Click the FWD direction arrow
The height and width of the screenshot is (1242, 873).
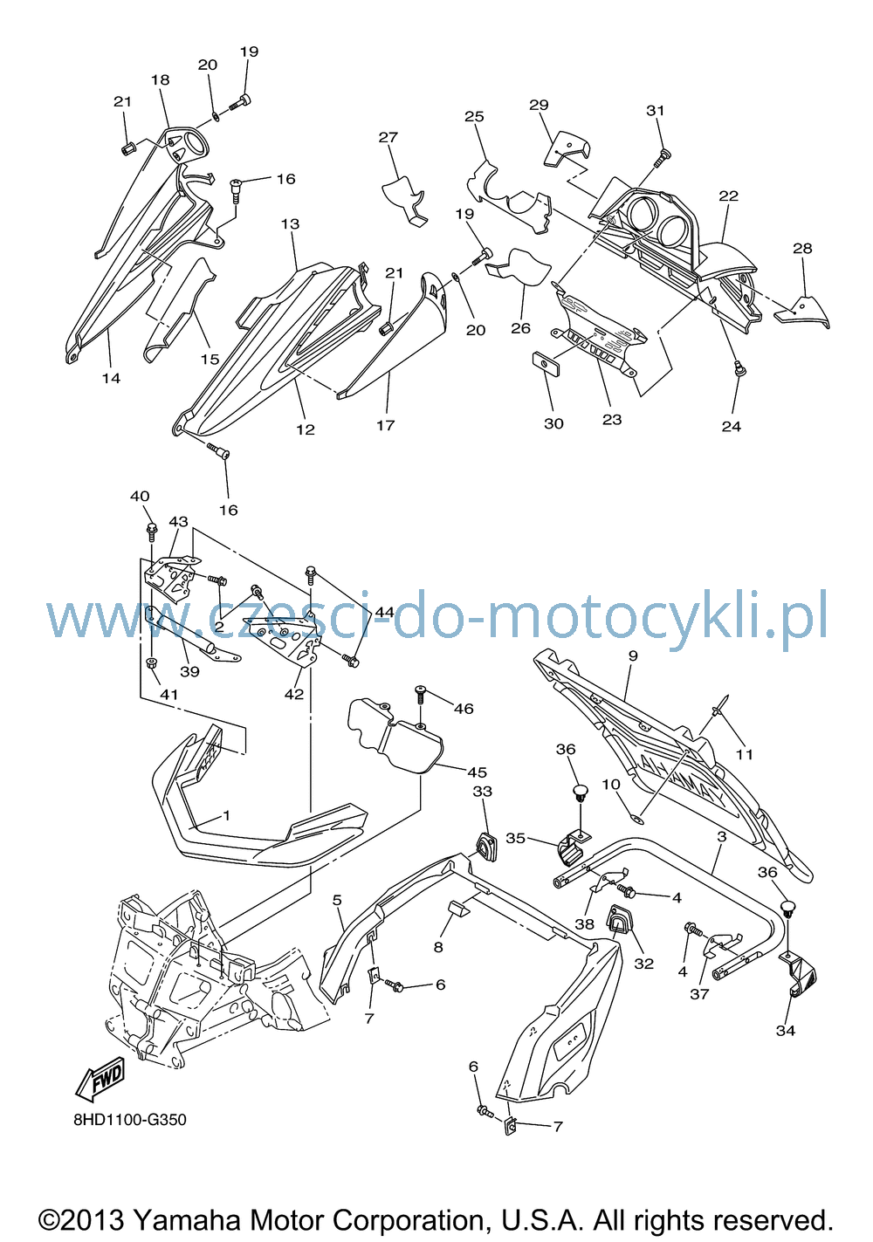coord(100,1079)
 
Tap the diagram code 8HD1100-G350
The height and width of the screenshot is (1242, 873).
coord(130,1120)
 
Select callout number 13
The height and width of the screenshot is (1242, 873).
coord(290,224)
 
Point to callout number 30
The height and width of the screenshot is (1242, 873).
coord(553,423)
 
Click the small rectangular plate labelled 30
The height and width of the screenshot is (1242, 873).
coord(546,363)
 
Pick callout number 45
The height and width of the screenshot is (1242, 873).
coord(477,772)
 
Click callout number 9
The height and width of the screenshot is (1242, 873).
coord(633,656)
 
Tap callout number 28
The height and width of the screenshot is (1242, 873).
coord(802,249)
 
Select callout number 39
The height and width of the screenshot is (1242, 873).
coord(189,671)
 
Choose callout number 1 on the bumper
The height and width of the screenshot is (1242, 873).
coord(226,815)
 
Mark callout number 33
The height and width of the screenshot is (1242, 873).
coord(483,792)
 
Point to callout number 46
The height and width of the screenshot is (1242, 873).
coord(464,709)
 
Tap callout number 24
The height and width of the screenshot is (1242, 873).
coord(731,427)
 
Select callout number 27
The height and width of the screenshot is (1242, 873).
coord(388,137)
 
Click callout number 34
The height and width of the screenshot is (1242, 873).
coord(786,1031)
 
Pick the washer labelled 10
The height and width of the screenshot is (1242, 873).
coord(638,816)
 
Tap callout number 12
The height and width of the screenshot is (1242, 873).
coord(305,429)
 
